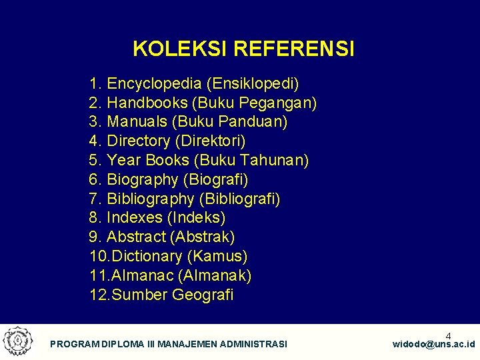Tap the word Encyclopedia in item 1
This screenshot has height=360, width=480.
[154, 84]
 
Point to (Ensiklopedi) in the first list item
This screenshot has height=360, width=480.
[253, 84]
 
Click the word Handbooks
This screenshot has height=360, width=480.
[147, 103]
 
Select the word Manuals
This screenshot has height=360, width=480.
[137, 122]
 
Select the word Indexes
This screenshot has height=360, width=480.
[135, 217]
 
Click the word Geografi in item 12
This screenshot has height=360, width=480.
[203, 295]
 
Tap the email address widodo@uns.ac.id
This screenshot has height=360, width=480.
[433, 344]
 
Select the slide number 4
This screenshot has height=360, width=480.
[448, 335]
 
